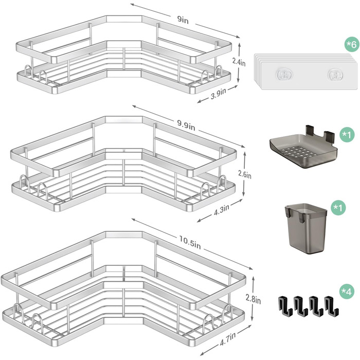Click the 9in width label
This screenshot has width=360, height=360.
(x=183, y=20)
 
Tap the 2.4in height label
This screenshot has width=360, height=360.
(x=239, y=62)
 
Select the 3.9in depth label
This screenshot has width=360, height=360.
(x=219, y=93)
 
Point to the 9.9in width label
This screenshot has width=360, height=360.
(x=186, y=125)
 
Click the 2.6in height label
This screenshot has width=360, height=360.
(x=245, y=174)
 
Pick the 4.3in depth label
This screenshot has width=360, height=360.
(x=222, y=210)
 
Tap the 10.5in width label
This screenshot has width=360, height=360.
(x=190, y=242)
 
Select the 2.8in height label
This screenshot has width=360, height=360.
(x=253, y=299)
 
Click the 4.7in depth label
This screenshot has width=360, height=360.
(x=228, y=339)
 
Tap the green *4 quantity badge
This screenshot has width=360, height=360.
(x=347, y=292)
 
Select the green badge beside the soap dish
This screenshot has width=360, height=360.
(x=347, y=134)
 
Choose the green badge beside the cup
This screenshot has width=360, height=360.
(x=338, y=208)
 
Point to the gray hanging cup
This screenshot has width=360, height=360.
(x=306, y=228)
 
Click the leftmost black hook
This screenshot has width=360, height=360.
(x=285, y=305)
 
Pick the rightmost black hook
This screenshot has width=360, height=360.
(x=331, y=305)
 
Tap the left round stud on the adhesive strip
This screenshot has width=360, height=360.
(x=284, y=75)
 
